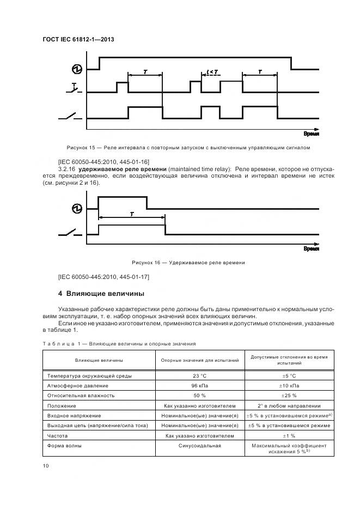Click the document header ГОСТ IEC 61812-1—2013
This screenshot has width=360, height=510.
click(77, 40)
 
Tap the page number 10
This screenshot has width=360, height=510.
click(45, 465)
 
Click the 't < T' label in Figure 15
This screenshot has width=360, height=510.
click(213, 72)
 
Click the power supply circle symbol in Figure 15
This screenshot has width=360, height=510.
click(77, 69)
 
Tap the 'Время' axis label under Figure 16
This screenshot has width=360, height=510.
click(311, 248)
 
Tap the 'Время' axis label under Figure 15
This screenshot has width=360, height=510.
click(311, 133)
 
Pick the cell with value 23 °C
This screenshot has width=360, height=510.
click(200, 376)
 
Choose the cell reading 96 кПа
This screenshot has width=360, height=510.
click(200, 386)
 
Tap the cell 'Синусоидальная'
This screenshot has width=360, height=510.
click(200, 446)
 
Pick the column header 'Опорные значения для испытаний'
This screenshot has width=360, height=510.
click(200, 360)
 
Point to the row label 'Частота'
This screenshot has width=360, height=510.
click(58, 436)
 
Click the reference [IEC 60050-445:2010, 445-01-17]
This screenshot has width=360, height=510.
click(103, 277)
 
